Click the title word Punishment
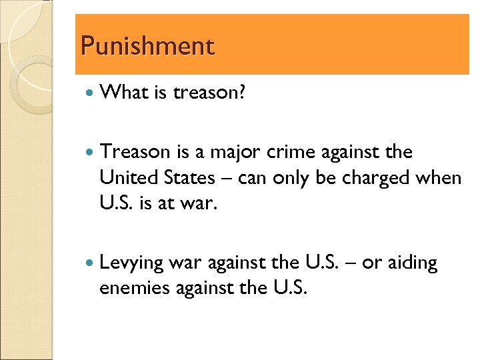(147, 47)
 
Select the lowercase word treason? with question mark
(209, 93)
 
